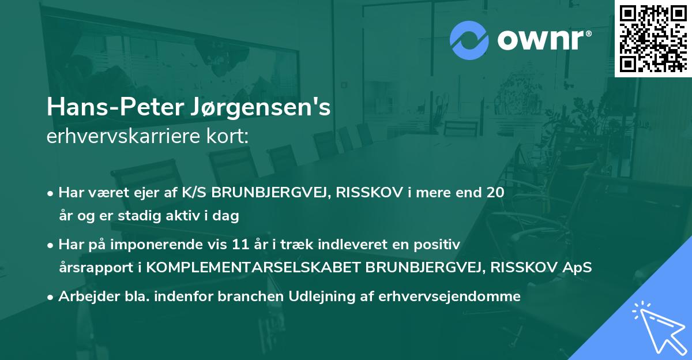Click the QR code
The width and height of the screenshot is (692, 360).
click(653, 38)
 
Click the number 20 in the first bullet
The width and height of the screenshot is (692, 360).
click(495, 193)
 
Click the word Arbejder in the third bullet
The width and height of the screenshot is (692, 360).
click(84, 297)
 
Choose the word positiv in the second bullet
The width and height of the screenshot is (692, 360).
click(440, 245)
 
